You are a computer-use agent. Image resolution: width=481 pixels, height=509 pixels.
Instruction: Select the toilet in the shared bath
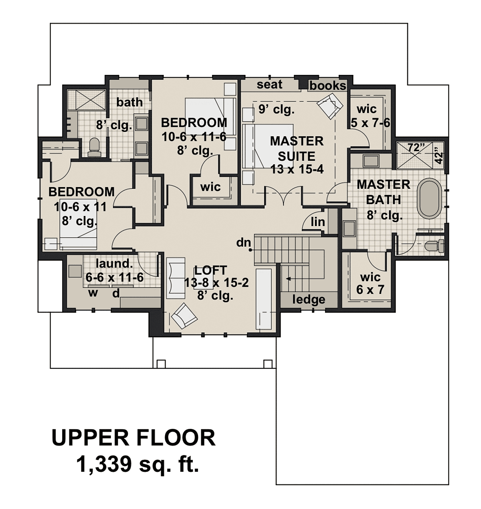[x=95, y=147]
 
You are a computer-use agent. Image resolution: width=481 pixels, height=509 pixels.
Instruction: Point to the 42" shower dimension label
[x=439, y=157]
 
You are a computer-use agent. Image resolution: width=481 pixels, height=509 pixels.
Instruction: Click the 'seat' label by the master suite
[x=269, y=85]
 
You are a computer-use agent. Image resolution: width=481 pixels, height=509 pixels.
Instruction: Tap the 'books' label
[x=327, y=86]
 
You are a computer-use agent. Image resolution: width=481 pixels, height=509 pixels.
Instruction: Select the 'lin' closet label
[x=318, y=222]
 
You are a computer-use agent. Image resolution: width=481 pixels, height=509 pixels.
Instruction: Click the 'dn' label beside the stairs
[x=244, y=242]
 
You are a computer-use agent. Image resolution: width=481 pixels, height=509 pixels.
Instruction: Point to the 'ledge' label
[x=308, y=299]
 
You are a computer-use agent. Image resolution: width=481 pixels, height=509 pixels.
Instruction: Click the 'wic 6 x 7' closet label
[x=370, y=283]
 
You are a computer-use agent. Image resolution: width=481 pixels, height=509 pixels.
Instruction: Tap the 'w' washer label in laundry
[x=93, y=293]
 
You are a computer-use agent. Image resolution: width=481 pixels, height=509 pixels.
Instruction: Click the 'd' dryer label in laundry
[x=116, y=293]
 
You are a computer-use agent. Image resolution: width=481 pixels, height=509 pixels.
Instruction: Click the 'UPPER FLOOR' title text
[x=133, y=438]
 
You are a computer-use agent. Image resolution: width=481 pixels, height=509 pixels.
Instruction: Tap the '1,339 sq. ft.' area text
[x=137, y=464]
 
